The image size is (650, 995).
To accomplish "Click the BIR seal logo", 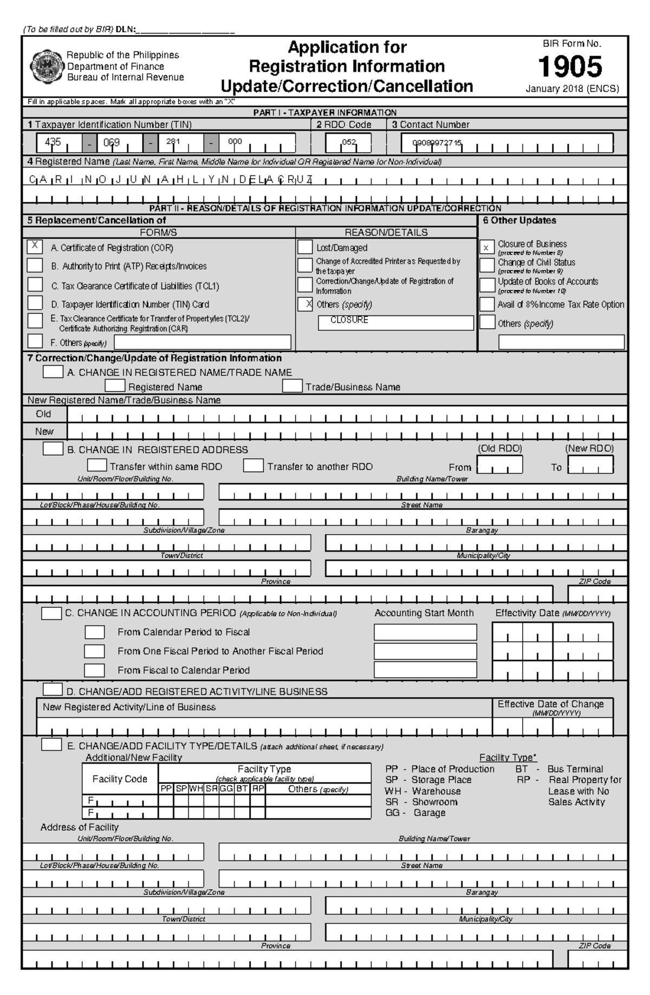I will (x=46, y=66).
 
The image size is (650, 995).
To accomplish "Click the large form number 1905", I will (x=570, y=67).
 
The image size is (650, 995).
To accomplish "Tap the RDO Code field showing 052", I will (x=348, y=143).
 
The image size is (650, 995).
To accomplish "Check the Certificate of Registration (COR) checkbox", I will (x=35, y=247).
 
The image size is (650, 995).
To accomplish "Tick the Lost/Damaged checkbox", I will (x=305, y=248).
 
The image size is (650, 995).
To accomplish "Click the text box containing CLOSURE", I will (x=395, y=323).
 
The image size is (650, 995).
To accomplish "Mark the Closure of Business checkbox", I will (x=487, y=247).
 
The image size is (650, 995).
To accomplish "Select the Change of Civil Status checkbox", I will (x=487, y=265).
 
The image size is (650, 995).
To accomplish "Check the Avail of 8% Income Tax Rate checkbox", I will (x=487, y=304).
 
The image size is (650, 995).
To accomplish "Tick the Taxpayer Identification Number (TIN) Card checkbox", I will (x=35, y=303).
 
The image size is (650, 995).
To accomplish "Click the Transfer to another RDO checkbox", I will (x=253, y=466).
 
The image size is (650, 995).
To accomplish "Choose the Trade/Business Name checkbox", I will (x=292, y=386).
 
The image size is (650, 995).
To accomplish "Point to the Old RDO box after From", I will (x=499, y=465).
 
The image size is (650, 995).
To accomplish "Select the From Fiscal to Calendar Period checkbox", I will (x=94, y=670).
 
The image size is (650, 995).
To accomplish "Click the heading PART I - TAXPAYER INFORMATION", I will (x=325, y=113).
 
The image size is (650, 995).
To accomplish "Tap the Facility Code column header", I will (x=120, y=779).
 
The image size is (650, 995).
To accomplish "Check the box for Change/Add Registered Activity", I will (x=53, y=690).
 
